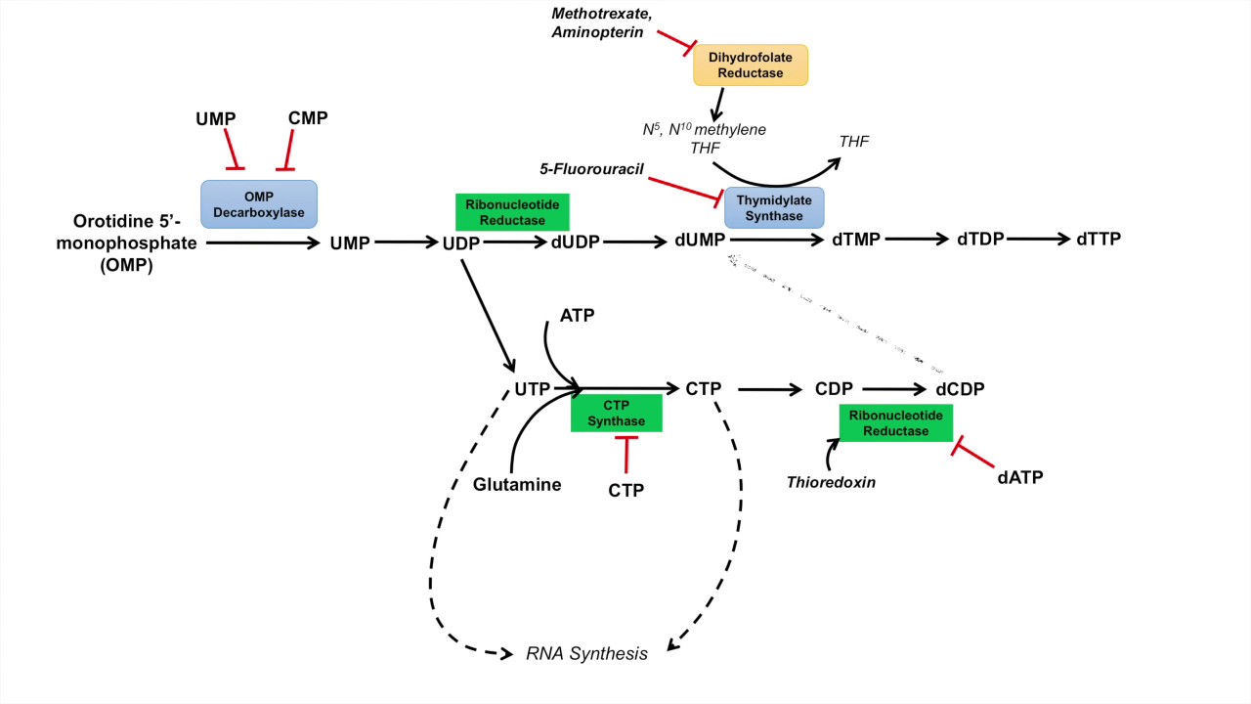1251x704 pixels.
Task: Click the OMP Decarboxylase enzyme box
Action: pyautogui.click(x=259, y=203)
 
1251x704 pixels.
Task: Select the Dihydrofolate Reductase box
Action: pyautogui.click(x=751, y=65)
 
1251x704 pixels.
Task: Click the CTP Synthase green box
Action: pyautogui.click(x=616, y=414)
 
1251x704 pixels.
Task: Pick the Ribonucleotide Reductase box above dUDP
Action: pyautogui.click(x=512, y=212)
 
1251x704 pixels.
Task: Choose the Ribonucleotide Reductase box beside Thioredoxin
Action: pyautogui.click(x=895, y=423)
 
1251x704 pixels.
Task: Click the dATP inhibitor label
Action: pyautogui.click(x=1020, y=477)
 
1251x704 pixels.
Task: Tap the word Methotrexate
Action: pyautogui.click(x=596, y=14)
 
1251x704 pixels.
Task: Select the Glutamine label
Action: pyautogui.click(x=517, y=484)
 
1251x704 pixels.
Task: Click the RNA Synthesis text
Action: pyautogui.click(x=586, y=654)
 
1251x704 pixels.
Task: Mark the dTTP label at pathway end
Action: pyautogui.click(x=1098, y=240)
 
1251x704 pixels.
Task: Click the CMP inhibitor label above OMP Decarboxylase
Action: pyautogui.click(x=308, y=118)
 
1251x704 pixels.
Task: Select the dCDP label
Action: pyautogui.click(x=959, y=389)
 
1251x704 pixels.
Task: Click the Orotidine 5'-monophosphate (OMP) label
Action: pyautogui.click(x=134, y=242)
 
